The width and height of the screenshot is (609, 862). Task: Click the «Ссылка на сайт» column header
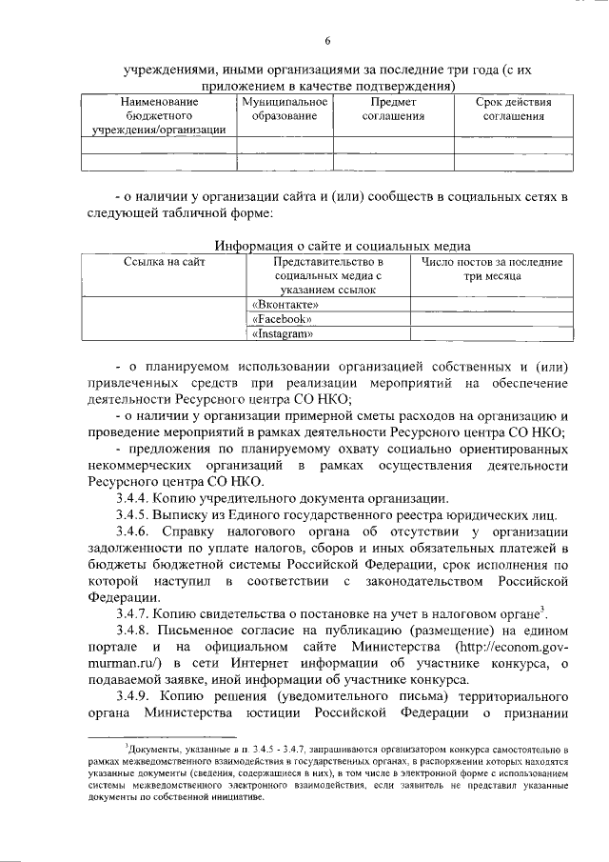[x=165, y=261]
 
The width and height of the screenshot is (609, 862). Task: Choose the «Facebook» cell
[x=283, y=319]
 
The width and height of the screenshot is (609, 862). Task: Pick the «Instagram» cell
[x=284, y=334]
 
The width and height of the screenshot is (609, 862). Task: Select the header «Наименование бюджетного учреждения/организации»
[x=159, y=116]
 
